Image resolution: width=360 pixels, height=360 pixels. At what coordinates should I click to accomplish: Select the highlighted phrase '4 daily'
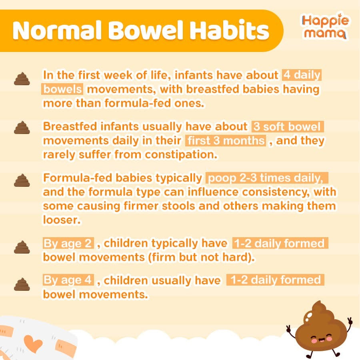(x=302, y=75)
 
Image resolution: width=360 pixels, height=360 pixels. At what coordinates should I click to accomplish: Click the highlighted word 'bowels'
(x=62, y=89)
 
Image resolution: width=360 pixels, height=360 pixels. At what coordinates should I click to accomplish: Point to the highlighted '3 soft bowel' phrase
(x=288, y=126)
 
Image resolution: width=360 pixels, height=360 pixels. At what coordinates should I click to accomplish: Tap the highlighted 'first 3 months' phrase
(x=226, y=140)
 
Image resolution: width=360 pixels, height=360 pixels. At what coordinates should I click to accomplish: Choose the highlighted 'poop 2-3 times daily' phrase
(x=267, y=178)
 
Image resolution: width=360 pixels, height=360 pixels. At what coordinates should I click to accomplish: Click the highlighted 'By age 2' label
(x=68, y=243)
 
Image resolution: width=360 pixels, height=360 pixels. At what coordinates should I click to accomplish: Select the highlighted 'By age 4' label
(x=68, y=280)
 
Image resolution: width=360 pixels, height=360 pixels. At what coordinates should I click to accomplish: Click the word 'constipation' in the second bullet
(x=181, y=154)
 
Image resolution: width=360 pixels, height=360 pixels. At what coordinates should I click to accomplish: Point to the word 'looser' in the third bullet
(x=62, y=220)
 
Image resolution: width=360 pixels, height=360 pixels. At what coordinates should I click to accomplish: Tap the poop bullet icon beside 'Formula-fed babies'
(x=22, y=180)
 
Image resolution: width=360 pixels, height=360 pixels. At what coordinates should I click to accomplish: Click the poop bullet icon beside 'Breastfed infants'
(x=22, y=128)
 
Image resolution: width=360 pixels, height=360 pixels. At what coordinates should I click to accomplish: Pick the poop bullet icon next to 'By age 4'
(x=22, y=284)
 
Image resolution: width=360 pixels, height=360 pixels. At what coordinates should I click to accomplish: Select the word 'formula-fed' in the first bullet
(x=138, y=103)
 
